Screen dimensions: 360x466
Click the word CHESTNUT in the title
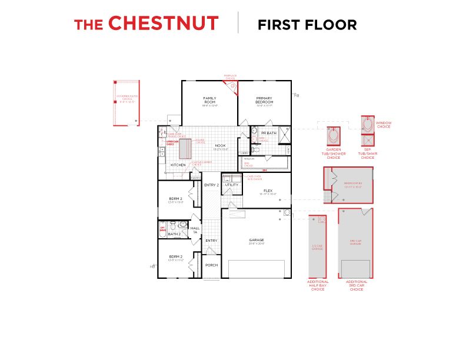tap(164, 24)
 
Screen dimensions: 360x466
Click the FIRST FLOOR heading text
tap(307, 25)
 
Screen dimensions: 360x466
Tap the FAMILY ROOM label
tap(209, 100)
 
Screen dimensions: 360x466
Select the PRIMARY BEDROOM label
tap(265, 100)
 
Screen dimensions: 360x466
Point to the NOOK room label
tap(220, 145)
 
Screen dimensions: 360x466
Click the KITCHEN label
tap(178, 165)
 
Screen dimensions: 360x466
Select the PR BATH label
tap(268, 133)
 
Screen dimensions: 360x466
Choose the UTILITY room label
tap(231, 185)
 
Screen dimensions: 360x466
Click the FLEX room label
tap(268, 191)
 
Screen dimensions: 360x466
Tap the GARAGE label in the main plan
tap(257, 239)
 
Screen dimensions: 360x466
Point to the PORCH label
tap(211, 265)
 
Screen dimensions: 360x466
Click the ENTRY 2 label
tap(211, 185)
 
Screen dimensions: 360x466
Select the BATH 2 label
tap(174, 234)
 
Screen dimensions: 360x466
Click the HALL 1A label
tap(195, 229)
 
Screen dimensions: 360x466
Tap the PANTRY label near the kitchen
tap(196, 177)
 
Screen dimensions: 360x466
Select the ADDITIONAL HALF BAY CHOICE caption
tap(318, 285)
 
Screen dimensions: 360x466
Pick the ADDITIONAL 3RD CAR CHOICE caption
tap(357, 285)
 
